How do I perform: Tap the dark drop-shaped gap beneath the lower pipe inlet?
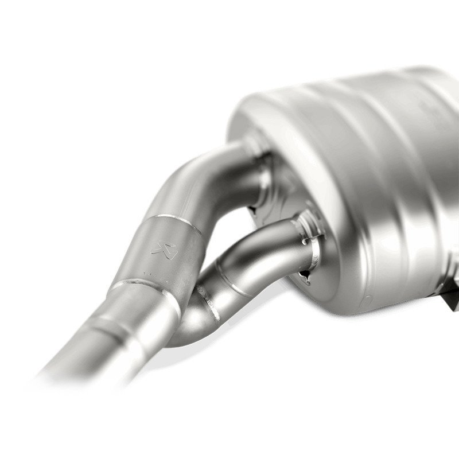[308, 278]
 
